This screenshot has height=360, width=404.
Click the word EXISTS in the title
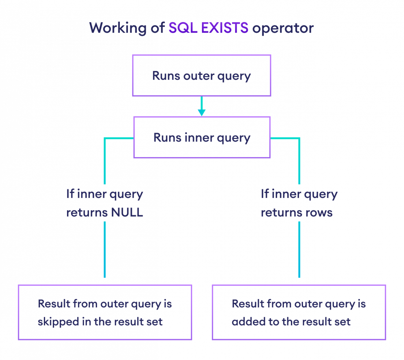pyautogui.click(x=225, y=28)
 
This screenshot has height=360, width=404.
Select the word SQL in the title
pyautogui.click(x=183, y=28)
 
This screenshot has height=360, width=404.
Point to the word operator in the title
pyautogui.click(x=283, y=28)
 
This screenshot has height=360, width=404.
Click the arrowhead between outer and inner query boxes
pyautogui.click(x=202, y=112)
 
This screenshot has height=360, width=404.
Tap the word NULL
pyautogui.click(x=127, y=213)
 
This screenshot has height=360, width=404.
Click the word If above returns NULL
pyautogui.click(x=70, y=194)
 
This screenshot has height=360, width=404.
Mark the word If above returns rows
pyautogui.click(x=265, y=194)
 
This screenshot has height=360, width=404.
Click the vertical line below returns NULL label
pyautogui.click(x=105, y=249)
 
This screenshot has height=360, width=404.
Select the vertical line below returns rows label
pyautogui.click(x=299, y=249)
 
